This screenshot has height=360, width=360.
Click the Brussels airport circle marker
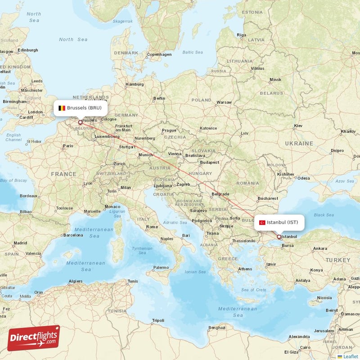(81, 122)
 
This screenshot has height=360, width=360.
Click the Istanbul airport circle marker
(279, 237)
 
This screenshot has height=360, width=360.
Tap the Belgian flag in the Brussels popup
(62, 108)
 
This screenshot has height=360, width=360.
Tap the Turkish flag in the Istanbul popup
(262, 222)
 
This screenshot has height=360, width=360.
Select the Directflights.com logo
(34, 338)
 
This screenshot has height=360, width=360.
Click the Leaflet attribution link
(349, 356)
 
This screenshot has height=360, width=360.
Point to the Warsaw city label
(224, 102)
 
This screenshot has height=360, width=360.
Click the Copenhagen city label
(160, 54)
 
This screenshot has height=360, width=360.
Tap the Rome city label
(152, 227)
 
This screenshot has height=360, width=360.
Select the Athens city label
(245, 269)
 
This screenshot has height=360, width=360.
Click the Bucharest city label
(267, 198)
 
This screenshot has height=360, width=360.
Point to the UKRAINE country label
(299, 143)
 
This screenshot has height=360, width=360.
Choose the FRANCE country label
(63, 174)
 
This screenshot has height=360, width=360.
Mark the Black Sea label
(324, 215)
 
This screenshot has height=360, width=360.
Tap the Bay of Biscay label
(13, 180)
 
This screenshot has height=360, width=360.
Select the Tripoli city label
(158, 320)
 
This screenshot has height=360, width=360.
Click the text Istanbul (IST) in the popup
(282, 222)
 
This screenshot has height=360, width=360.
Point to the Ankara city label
(320, 248)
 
